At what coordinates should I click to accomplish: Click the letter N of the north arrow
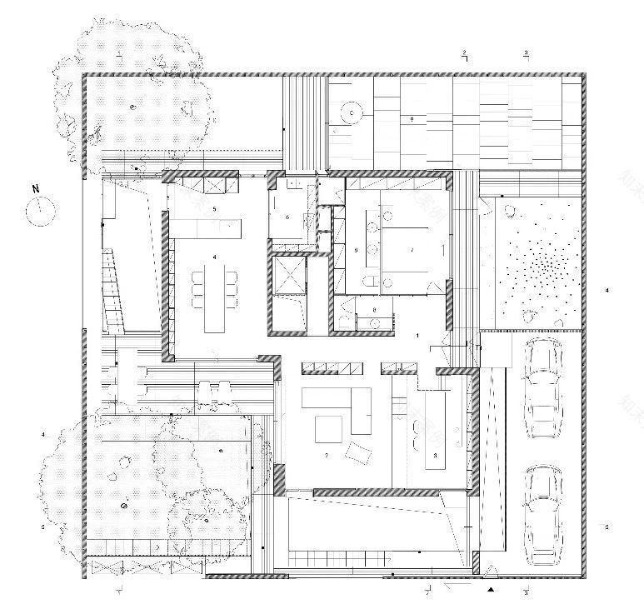coord(35,189)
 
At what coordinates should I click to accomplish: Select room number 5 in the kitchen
coord(214,207)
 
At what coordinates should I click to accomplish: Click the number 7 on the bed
coord(411,249)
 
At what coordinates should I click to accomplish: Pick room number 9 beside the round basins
coord(357,249)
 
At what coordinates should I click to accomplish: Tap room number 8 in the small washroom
coord(374,310)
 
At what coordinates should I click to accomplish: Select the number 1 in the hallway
coord(417,334)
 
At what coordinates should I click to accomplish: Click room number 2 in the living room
coord(327,455)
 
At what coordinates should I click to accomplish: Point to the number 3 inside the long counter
coord(436,456)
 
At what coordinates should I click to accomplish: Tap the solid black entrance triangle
coord(492,589)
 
